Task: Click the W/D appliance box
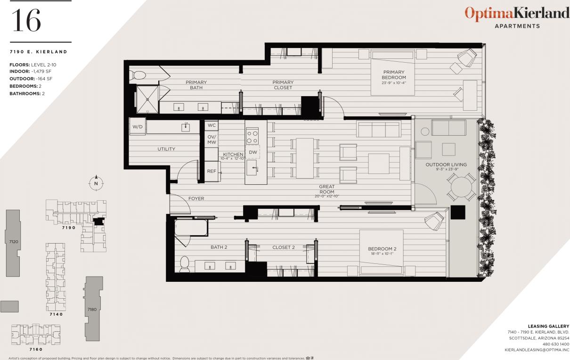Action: tap(137, 127)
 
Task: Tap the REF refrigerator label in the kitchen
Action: tap(212, 171)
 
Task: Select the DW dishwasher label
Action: tap(253, 152)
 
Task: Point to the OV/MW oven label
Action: tap(212, 139)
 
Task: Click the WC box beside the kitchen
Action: tap(212, 125)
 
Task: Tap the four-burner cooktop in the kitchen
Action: tap(252, 137)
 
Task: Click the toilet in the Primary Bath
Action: tap(140, 75)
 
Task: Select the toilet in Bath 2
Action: tap(185, 263)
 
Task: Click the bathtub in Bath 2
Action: tap(191, 228)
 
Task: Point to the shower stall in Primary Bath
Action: tap(147, 99)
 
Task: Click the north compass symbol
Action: tap(96, 183)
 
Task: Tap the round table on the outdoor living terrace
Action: tap(461, 188)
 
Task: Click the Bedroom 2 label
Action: tap(382, 249)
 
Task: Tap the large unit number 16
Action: tap(26, 21)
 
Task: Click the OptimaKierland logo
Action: tap(517, 14)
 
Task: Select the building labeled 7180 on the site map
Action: tap(93, 309)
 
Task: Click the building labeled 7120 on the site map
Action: tap(14, 241)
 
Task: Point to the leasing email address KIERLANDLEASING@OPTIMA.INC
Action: tap(537, 350)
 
